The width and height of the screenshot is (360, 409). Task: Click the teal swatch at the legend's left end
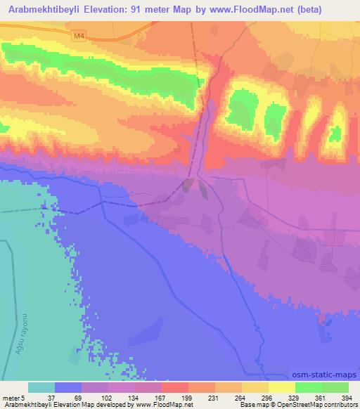[x=41, y=387]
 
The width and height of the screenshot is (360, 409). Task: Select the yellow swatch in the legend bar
[x=282, y=387]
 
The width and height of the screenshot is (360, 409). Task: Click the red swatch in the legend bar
[x=175, y=387]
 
